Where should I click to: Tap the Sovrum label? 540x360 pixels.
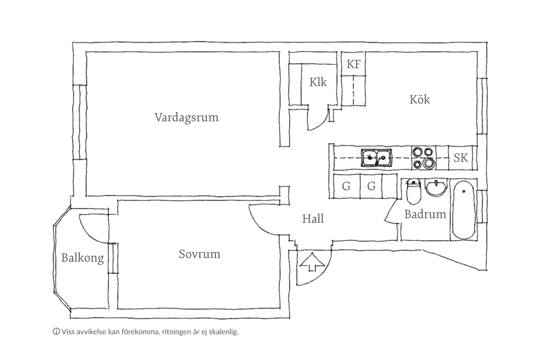199,254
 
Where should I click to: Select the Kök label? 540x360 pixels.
419,99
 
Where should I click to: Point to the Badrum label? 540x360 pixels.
425,214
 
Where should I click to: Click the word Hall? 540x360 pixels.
313,219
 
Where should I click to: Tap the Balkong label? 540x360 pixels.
82,258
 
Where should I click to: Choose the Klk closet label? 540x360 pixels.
318,82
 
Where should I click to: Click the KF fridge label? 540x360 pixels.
353,64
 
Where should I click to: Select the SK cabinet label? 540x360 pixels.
460,158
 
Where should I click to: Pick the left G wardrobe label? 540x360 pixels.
346,186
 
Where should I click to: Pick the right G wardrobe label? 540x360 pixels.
371,186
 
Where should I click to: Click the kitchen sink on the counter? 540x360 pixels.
376,157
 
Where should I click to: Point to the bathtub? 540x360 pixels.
463,210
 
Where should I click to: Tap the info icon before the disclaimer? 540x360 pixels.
56,332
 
